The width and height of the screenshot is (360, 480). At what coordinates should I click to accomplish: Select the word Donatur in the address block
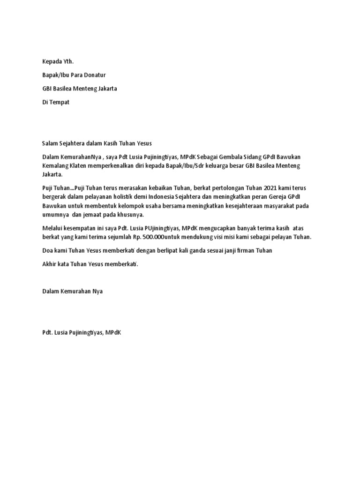coord(96,75)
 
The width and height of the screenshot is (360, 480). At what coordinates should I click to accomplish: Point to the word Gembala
coord(234,157)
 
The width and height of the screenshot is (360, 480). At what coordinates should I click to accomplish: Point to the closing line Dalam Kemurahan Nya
coord(72,291)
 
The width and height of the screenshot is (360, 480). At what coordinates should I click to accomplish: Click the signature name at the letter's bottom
coord(82,332)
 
